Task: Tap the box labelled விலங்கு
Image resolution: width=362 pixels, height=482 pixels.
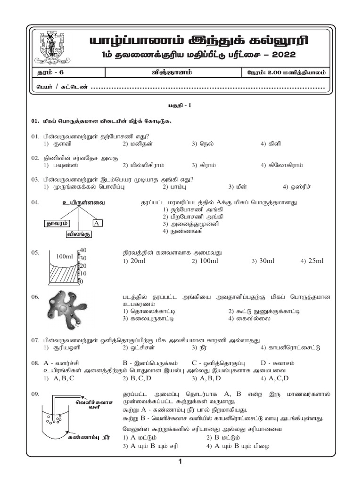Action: tap(79, 234)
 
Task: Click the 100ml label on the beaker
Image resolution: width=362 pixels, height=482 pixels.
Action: tap(64, 257)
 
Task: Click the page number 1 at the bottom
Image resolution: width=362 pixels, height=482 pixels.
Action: tap(181, 462)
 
